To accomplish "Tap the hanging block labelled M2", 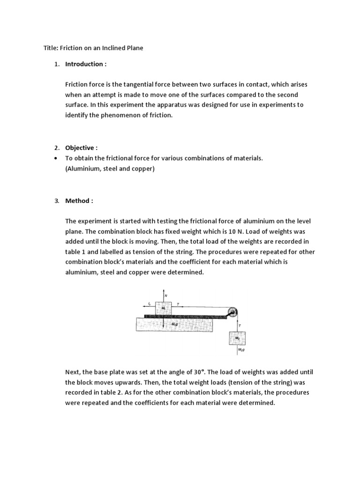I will [237, 338].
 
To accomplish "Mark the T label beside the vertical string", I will [240, 324].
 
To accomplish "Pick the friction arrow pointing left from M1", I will [148, 305].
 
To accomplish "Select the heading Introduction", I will [83, 64].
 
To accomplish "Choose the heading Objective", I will [79, 147].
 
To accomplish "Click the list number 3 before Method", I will [56, 201].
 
